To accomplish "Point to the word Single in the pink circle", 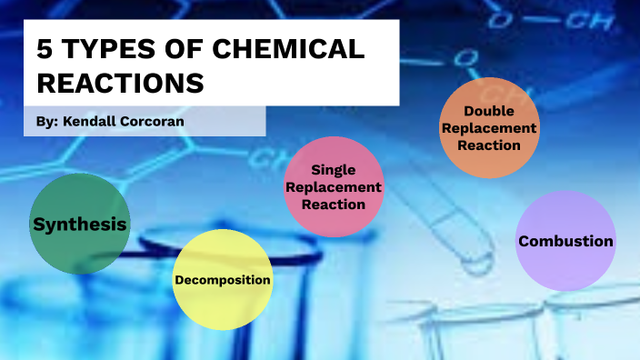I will pos(333,169).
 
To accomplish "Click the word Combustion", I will pos(565,241).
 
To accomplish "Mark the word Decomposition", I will pos(222,279).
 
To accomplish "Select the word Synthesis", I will pos(79,225).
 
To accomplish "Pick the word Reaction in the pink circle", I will pos(333,204).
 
